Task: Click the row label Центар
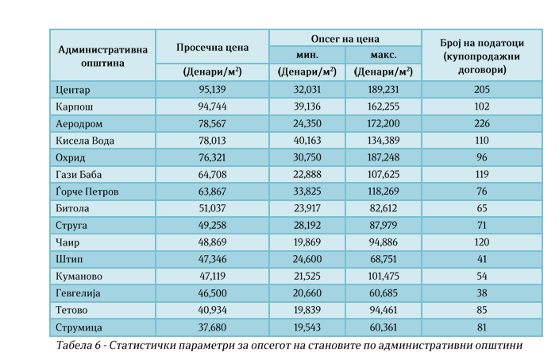click(75, 90)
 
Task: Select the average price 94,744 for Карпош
click(212, 106)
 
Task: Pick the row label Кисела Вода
click(87, 141)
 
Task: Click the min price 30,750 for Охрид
click(306, 157)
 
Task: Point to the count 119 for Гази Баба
click(481, 175)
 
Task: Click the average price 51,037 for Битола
click(212, 208)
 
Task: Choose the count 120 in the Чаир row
click(481, 242)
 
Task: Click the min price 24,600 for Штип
click(306, 259)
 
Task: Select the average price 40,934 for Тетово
click(212, 310)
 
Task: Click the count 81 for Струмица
click(481, 327)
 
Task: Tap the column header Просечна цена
click(212, 47)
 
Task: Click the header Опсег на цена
click(345, 38)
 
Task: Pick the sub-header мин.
click(306, 55)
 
